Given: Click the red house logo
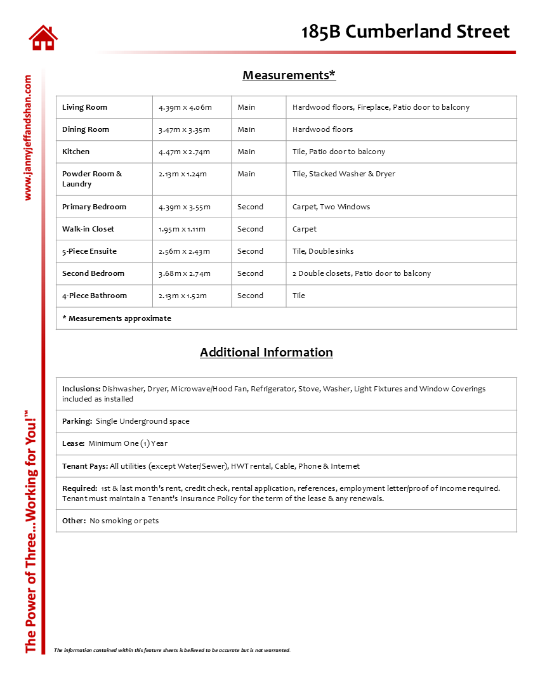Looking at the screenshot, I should click(43, 37).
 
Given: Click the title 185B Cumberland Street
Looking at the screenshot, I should click(405, 32).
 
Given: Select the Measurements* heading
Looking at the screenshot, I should click(289, 75).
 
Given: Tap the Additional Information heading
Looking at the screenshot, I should click(266, 353).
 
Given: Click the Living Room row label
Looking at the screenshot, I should click(84, 108).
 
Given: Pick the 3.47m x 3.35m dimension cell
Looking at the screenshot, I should click(184, 130).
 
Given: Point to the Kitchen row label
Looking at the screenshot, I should click(76, 152).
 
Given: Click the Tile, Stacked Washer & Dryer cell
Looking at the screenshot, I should click(343, 174).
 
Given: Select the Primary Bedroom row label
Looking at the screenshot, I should click(94, 207).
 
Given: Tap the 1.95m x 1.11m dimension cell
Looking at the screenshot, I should click(182, 230).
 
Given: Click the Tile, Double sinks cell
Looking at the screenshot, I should click(323, 252).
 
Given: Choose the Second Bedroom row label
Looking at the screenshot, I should click(93, 274).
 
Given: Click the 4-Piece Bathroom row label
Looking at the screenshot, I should click(95, 296).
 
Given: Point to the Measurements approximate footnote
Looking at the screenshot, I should click(117, 318).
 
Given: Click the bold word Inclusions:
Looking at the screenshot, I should click(81, 389).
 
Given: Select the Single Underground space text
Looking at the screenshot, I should click(142, 421).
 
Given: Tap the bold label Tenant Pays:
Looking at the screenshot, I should click(85, 466).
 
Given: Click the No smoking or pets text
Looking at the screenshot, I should click(124, 521).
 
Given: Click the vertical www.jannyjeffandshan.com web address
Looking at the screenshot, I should click(27, 138).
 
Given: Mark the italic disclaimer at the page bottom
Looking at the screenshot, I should click(172, 650).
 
